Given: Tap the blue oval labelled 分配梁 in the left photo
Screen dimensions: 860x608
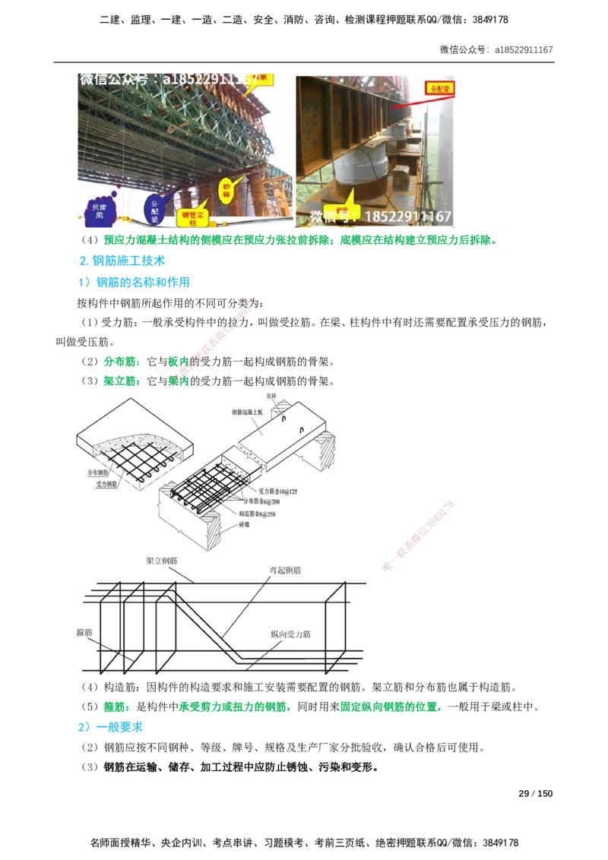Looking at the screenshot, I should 156,209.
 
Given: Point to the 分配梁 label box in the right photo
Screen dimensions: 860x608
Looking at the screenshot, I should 439,87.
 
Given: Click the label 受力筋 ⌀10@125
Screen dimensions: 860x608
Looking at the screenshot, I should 277,492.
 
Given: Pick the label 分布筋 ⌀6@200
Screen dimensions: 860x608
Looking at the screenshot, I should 261,501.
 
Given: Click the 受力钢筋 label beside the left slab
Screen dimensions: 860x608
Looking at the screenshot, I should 106,483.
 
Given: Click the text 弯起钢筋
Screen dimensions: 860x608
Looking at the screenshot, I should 284,569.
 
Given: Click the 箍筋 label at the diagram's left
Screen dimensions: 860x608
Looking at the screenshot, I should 84,631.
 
